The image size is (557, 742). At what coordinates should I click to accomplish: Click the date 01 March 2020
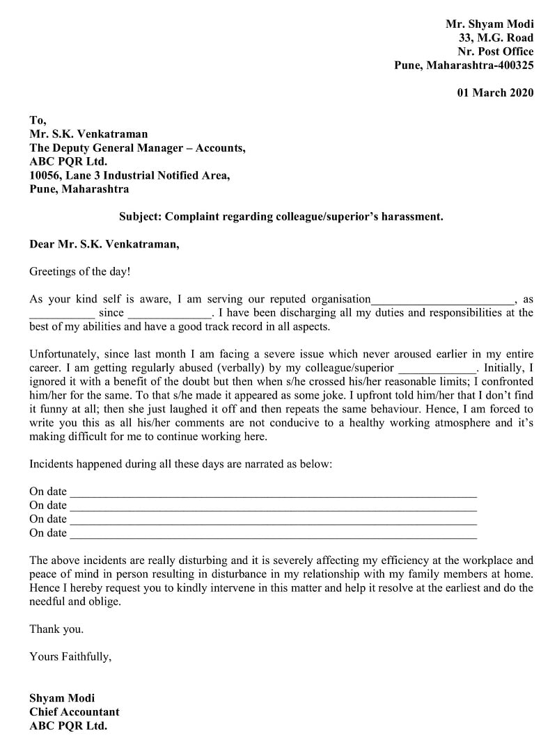point(495,92)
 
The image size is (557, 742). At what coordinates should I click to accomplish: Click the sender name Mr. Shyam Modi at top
point(489,24)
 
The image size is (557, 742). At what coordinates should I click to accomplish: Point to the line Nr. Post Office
point(495,51)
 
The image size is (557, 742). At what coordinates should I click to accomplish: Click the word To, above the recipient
point(38,120)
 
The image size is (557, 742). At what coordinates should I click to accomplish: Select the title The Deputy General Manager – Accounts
point(137,148)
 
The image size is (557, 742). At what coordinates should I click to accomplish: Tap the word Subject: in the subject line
point(141,216)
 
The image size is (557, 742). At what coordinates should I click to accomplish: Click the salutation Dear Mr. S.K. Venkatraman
point(104,244)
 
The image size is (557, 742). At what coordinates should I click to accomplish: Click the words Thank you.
point(56,629)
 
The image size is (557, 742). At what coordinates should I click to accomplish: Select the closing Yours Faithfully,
point(70,656)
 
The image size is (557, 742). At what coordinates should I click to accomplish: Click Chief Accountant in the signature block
point(74,711)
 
